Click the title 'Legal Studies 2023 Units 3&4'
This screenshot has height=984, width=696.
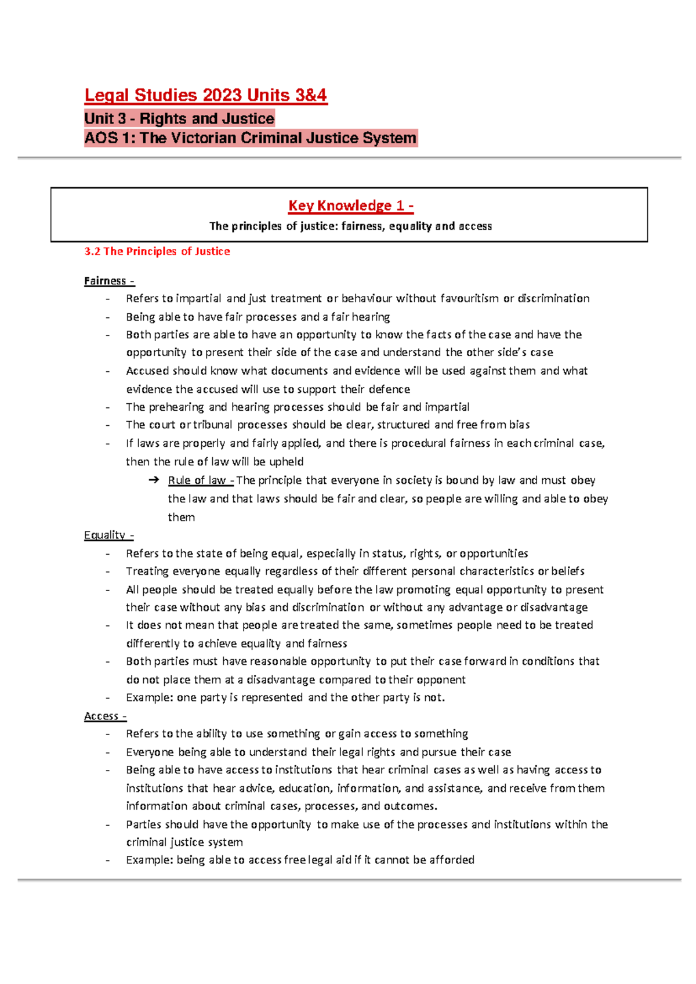(x=206, y=95)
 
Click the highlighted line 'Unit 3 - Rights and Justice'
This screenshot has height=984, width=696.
(x=179, y=118)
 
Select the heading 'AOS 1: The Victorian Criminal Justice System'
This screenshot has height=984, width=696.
(x=251, y=138)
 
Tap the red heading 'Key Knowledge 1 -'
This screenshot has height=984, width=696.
(x=351, y=205)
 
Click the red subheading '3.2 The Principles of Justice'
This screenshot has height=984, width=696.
(x=157, y=251)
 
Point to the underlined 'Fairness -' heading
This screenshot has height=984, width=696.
(x=109, y=281)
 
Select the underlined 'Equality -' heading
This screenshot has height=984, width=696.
(x=108, y=535)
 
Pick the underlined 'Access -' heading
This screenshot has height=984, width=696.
(x=105, y=716)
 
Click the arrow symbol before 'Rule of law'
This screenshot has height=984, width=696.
(x=154, y=480)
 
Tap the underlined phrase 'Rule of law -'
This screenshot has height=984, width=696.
(x=201, y=480)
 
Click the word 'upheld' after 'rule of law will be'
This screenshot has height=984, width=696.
(x=286, y=462)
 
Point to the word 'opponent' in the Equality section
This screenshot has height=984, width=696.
(x=443, y=679)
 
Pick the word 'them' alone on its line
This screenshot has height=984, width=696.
(x=181, y=517)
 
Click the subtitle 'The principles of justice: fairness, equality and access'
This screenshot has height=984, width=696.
(x=350, y=226)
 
